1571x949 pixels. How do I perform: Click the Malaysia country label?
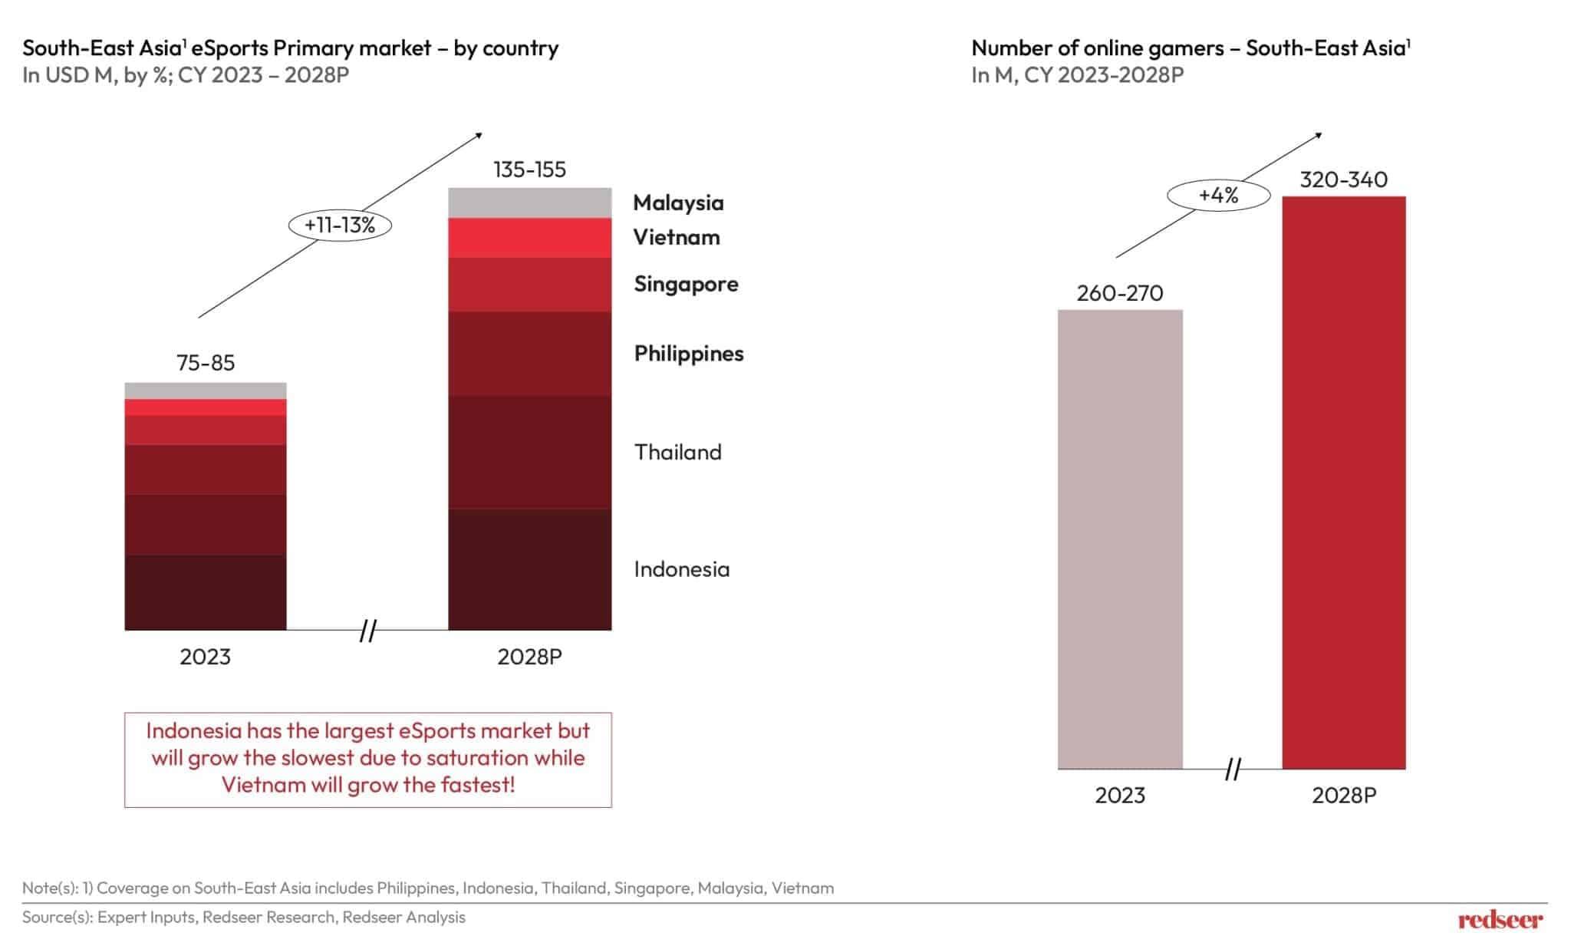(678, 203)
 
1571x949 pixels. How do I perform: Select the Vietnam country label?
(676, 237)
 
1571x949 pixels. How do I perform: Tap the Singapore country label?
(686, 284)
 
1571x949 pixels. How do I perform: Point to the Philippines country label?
(688, 354)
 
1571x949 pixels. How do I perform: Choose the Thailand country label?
(677, 452)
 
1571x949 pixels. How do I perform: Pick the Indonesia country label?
(681, 569)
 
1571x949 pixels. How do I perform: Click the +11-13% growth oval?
(340, 225)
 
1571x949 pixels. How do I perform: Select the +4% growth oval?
(1218, 196)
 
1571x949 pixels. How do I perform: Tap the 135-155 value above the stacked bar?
(529, 170)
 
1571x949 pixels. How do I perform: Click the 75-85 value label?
(206, 363)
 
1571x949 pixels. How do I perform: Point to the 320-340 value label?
(1343, 180)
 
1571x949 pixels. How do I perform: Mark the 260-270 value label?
(1119, 293)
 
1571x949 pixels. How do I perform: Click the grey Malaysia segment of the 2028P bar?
(529, 203)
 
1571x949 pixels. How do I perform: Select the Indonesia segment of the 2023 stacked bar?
(206, 591)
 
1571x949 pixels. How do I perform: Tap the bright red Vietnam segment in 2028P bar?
(529, 238)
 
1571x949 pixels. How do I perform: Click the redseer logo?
(1499, 920)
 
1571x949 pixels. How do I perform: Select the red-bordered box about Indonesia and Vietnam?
(367, 759)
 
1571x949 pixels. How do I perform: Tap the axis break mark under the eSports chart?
(367, 631)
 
